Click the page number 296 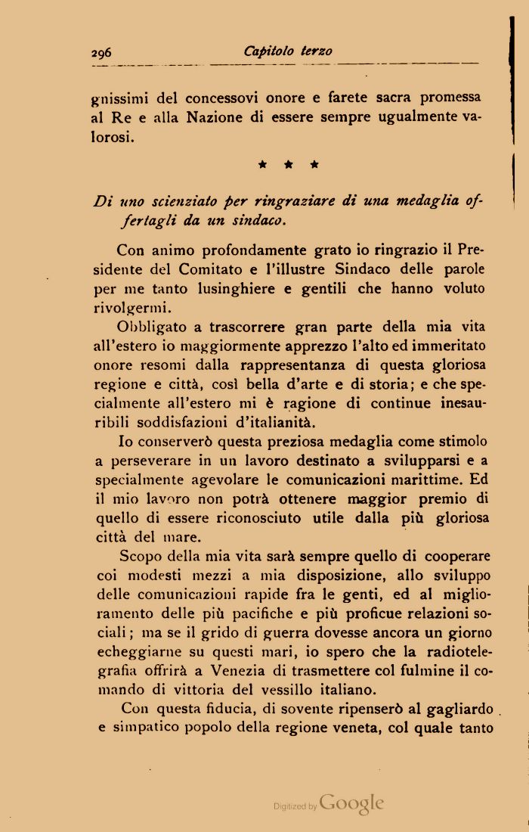tap(101, 52)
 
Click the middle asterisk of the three tap(288, 163)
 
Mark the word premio tap(444, 498)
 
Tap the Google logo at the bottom tap(351, 803)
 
